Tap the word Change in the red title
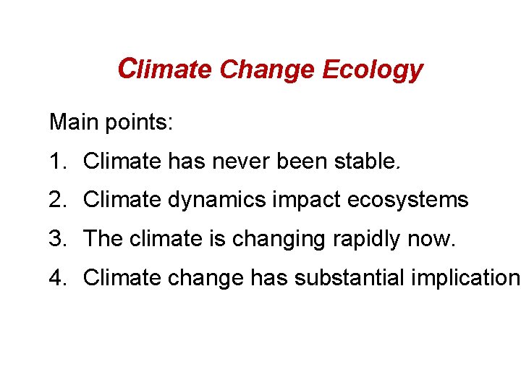(x=268, y=70)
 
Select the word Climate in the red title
(x=164, y=70)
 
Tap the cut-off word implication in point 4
(x=465, y=278)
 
